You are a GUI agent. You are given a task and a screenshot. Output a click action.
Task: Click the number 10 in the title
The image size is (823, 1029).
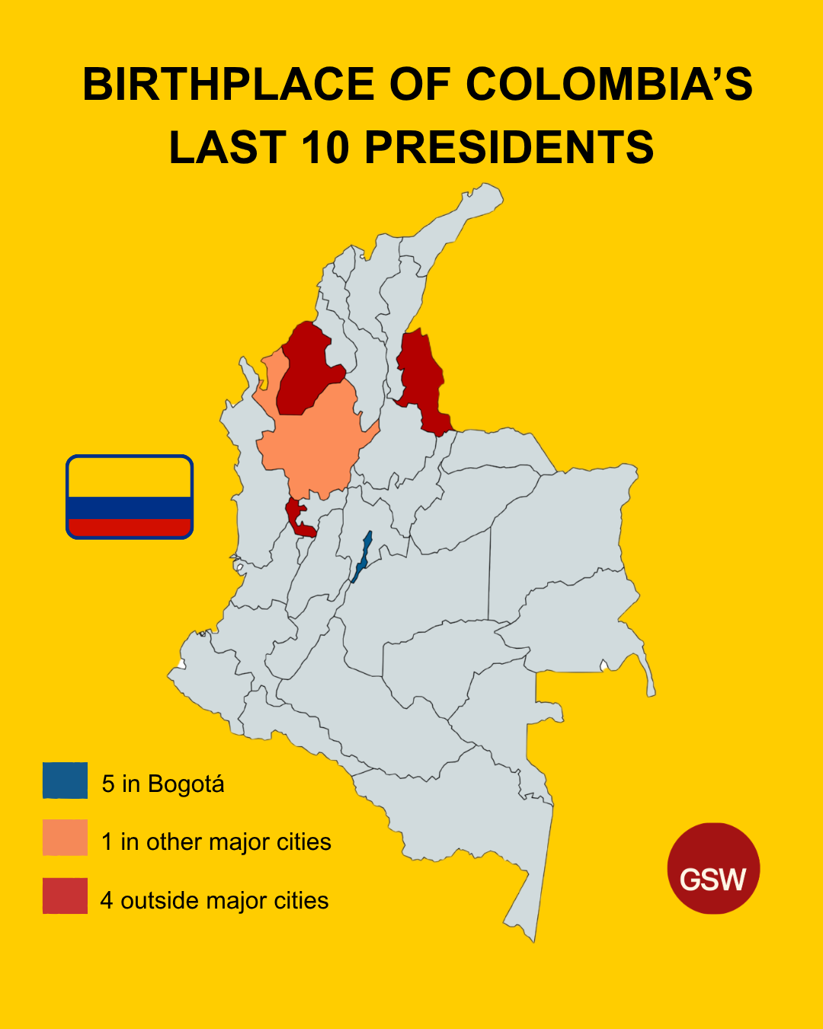[x=325, y=147]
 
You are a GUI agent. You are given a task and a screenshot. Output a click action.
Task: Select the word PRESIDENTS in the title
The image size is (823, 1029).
[x=509, y=147]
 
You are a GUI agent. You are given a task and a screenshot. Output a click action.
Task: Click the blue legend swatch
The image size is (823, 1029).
[x=65, y=781]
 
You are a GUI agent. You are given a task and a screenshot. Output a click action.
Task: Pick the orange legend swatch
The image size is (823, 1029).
[x=65, y=838]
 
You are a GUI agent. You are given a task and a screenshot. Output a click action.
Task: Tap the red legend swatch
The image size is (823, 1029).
[x=65, y=896]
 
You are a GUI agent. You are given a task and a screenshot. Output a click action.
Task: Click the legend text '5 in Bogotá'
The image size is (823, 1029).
[x=163, y=784]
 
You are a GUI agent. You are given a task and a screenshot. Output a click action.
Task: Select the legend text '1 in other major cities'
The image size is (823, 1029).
[x=216, y=841]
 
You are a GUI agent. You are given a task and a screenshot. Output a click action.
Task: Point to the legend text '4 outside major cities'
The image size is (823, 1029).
[x=215, y=900]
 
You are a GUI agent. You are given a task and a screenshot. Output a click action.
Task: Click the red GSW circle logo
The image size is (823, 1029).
[x=713, y=868]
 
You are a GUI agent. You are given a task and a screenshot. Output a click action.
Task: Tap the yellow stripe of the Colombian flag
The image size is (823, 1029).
[x=130, y=478]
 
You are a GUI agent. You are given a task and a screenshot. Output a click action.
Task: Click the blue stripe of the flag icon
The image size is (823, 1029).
[x=130, y=508]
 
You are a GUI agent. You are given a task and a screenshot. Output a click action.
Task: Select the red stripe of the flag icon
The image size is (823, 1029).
[x=130, y=527]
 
